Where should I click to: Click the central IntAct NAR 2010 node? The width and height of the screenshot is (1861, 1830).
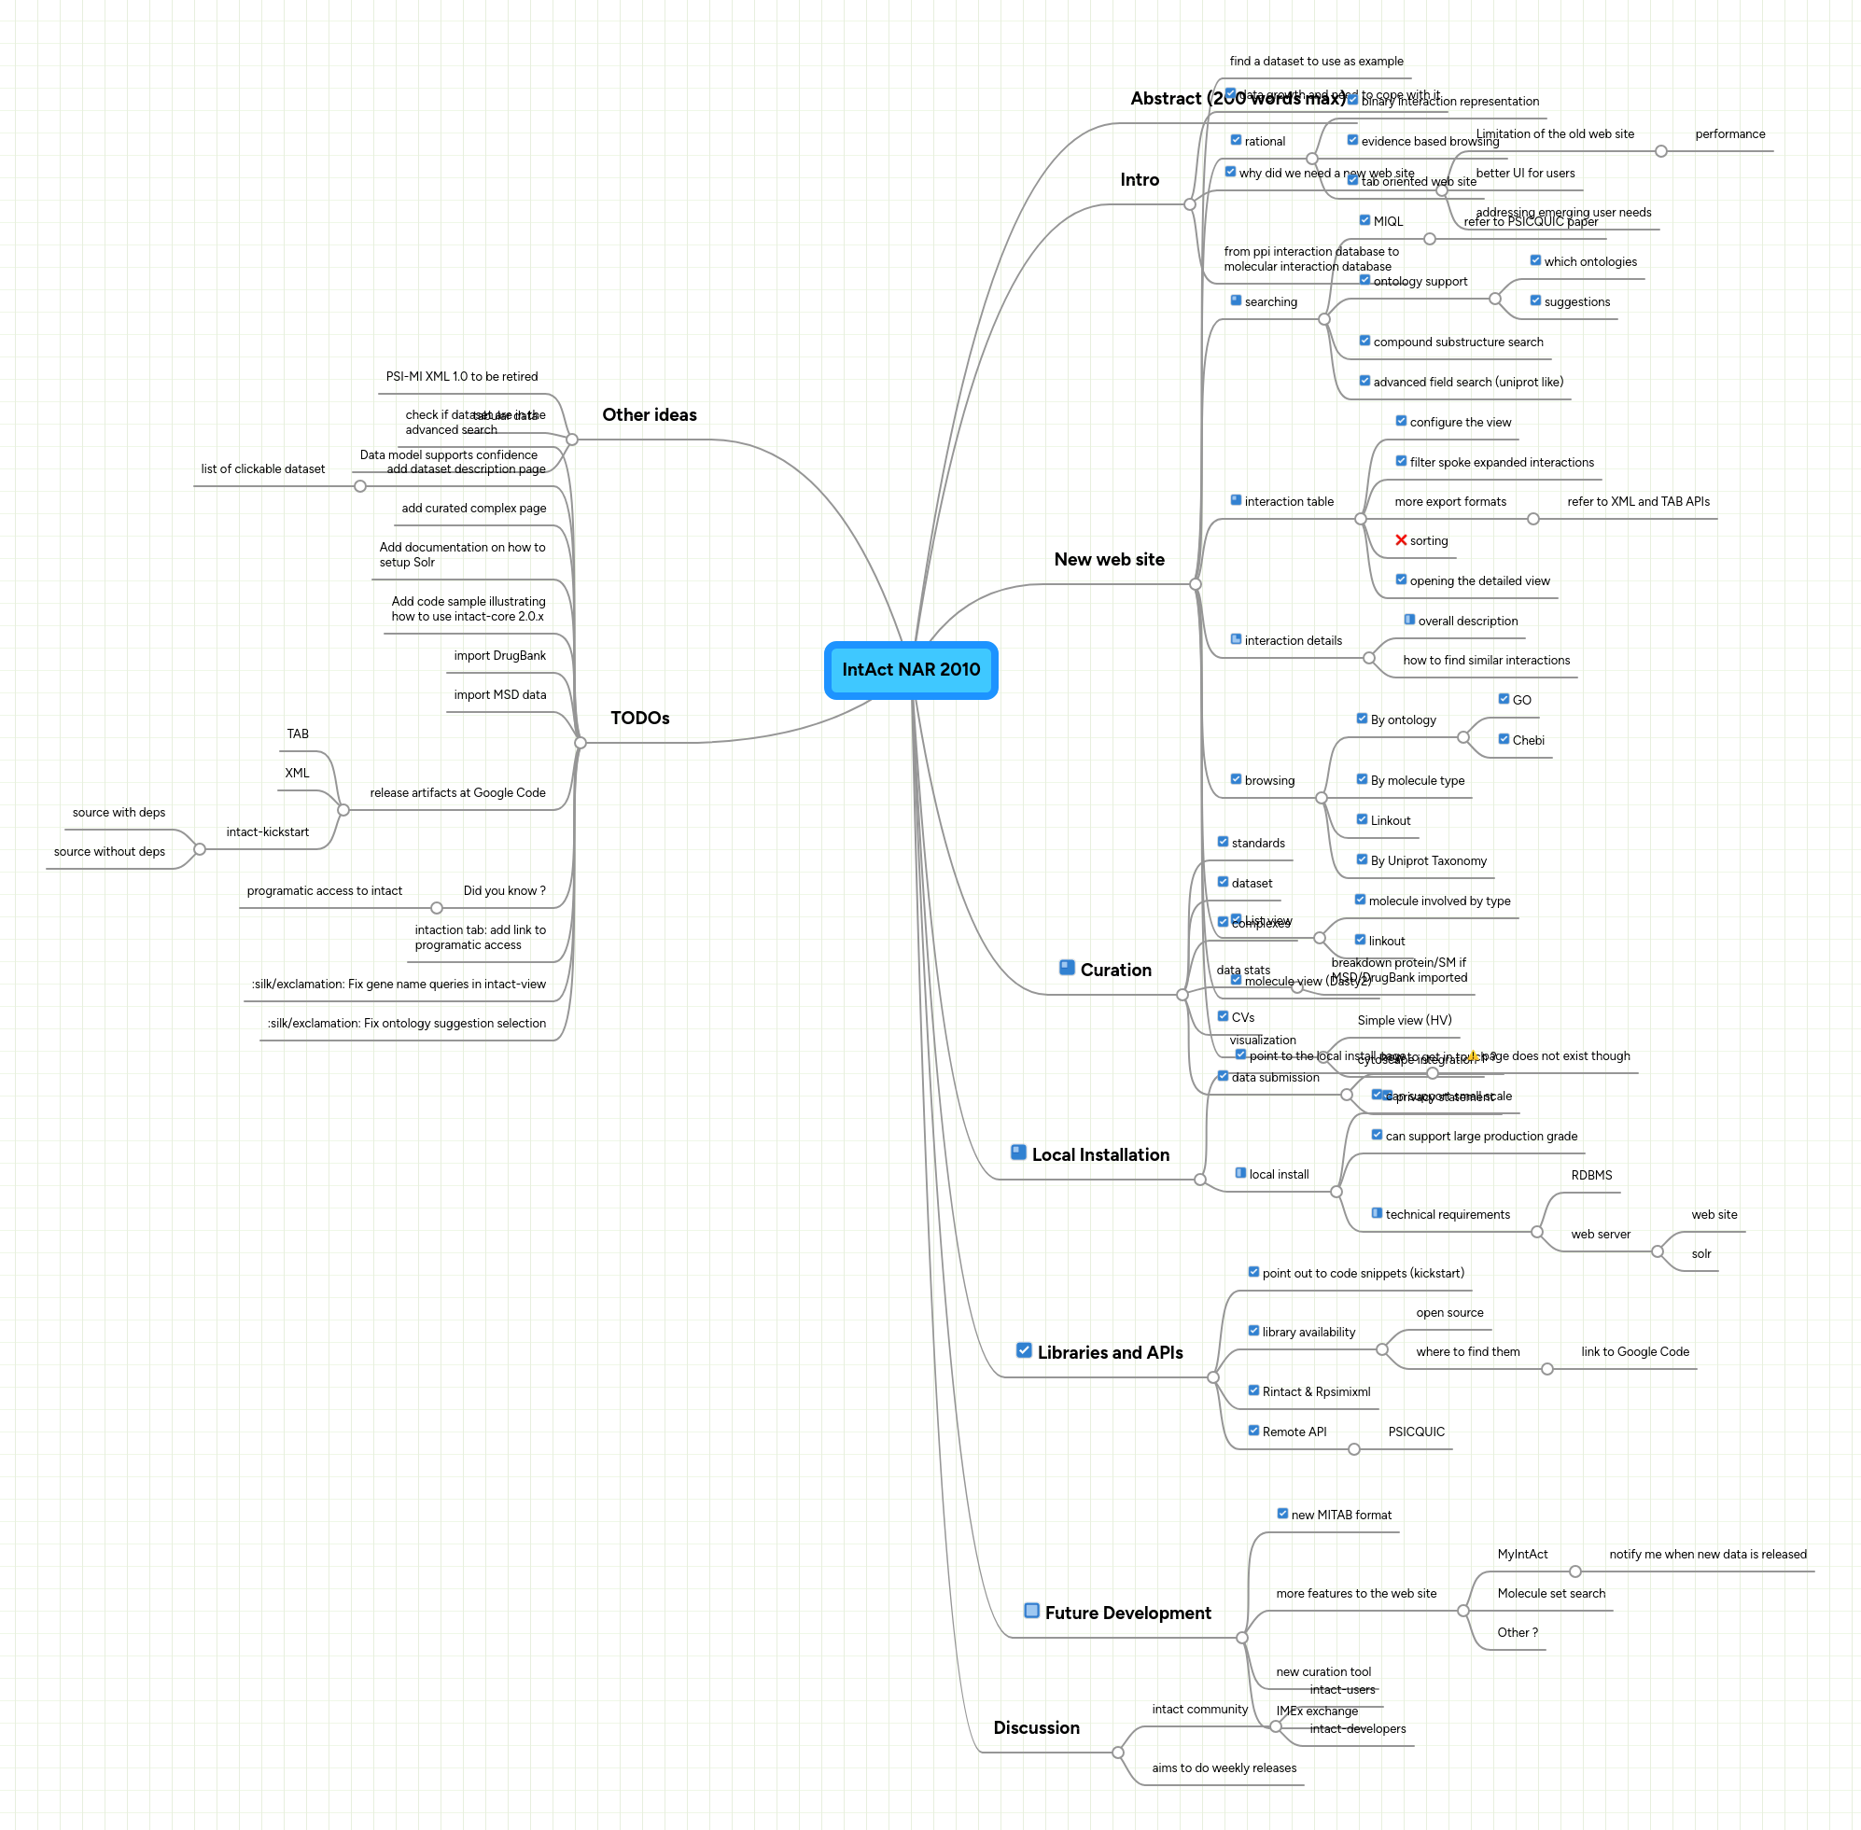(x=910, y=670)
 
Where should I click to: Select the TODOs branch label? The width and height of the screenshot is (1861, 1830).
(x=639, y=718)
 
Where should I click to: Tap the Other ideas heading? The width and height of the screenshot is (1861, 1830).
(x=649, y=414)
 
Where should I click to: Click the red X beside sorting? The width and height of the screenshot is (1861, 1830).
(x=1401, y=540)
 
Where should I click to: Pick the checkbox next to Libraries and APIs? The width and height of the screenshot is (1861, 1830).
(x=1024, y=1350)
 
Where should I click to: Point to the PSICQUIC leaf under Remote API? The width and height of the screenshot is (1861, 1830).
(x=1415, y=1432)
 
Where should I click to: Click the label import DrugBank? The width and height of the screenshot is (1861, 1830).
(x=499, y=655)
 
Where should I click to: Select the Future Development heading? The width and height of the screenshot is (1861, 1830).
(x=1127, y=1613)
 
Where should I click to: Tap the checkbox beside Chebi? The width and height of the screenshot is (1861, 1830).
(x=1504, y=739)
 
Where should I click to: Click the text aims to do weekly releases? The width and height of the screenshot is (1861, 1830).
(x=1224, y=1767)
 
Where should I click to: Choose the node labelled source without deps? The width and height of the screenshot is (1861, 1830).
(x=109, y=852)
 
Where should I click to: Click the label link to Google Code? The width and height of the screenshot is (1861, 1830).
(x=1634, y=1351)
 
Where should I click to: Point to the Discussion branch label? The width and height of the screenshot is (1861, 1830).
(x=1036, y=1727)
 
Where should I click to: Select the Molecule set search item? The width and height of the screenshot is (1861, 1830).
(x=1550, y=1593)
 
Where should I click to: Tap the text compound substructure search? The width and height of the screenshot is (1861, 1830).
(x=1457, y=342)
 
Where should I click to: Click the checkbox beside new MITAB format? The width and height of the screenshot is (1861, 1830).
(x=1282, y=1514)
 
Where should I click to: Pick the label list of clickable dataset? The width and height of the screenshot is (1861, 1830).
(x=262, y=469)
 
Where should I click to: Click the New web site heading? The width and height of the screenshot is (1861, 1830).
(x=1109, y=559)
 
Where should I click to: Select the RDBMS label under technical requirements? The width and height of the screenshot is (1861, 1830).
(x=1591, y=1175)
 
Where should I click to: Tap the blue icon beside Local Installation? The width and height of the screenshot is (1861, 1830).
(x=1018, y=1152)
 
